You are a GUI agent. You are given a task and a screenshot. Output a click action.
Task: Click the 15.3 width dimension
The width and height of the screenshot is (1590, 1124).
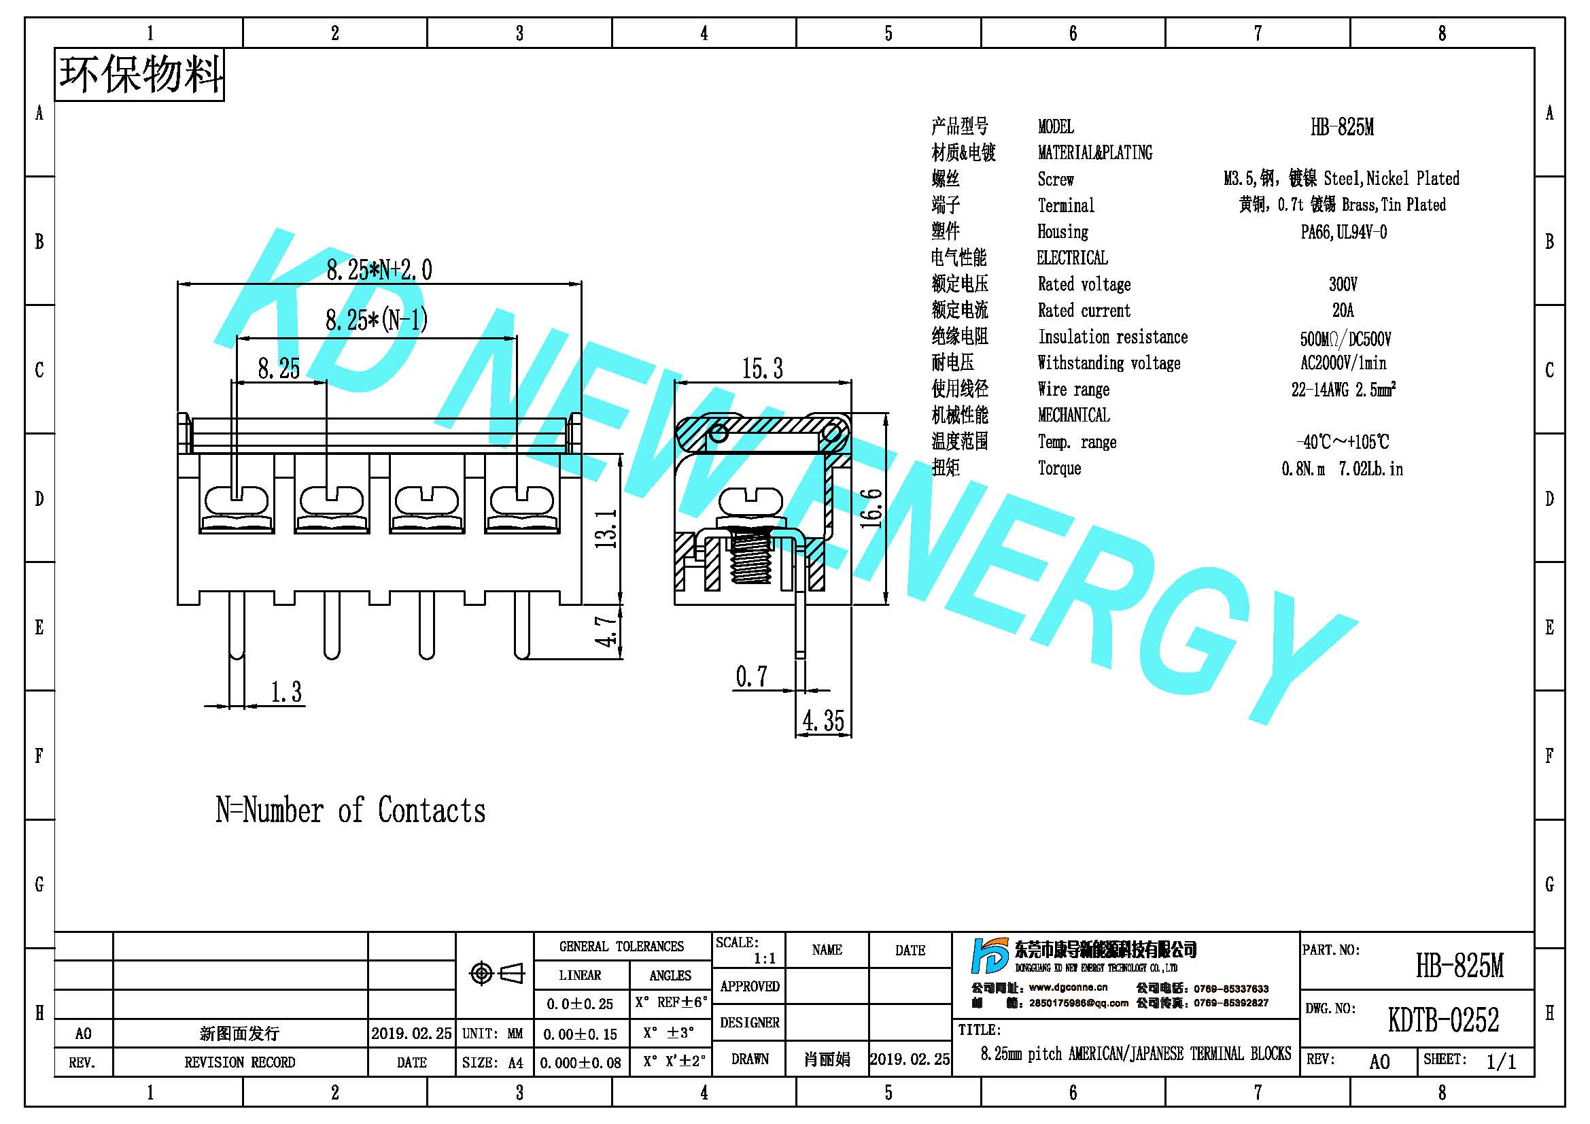pyautogui.click(x=763, y=369)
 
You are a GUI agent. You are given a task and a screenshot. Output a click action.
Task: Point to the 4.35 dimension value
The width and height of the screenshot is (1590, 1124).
pyautogui.click(x=823, y=721)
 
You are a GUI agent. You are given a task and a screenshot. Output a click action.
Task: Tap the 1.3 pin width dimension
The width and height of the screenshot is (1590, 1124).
pyautogui.click(x=286, y=692)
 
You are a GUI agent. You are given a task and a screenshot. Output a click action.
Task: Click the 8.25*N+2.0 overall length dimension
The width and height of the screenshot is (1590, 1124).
pyautogui.click(x=379, y=269)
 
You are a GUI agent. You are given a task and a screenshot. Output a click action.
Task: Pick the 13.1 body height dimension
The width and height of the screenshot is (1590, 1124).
pyautogui.click(x=606, y=528)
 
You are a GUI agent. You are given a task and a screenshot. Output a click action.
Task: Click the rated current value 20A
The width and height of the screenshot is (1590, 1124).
pyautogui.click(x=1343, y=309)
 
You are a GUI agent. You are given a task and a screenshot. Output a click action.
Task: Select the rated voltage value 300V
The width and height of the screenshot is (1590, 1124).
pyautogui.click(x=1343, y=284)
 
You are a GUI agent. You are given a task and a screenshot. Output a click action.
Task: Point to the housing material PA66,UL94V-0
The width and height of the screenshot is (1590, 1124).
pyautogui.click(x=1343, y=232)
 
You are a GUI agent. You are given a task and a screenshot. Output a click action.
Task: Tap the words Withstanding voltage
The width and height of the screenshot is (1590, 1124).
pyautogui.click(x=1109, y=363)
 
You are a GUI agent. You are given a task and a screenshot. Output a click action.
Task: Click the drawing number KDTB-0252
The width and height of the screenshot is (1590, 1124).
pyautogui.click(x=1443, y=1020)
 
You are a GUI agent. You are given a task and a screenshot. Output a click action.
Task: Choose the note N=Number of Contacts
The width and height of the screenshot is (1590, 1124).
pyautogui.click(x=350, y=811)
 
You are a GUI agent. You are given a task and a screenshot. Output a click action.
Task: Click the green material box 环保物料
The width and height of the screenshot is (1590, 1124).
pyautogui.click(x=139, y=75)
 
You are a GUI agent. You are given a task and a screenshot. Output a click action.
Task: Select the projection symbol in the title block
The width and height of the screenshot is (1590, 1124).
pyautogui.click(x=496, y=973)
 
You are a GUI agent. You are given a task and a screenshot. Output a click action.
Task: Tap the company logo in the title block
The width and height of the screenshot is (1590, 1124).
pyautogui.click(x=989, y=956)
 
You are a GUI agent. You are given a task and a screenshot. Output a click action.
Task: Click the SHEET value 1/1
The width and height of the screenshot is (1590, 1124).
pyautogui.click(x=1501, y=1061)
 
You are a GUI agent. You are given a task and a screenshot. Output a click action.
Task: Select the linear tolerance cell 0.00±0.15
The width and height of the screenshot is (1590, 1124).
pyautogui.click(x=581, y=1034)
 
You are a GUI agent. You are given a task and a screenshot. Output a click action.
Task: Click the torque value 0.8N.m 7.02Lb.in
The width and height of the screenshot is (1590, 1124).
pyautogui.click(x=1342, y=469)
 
